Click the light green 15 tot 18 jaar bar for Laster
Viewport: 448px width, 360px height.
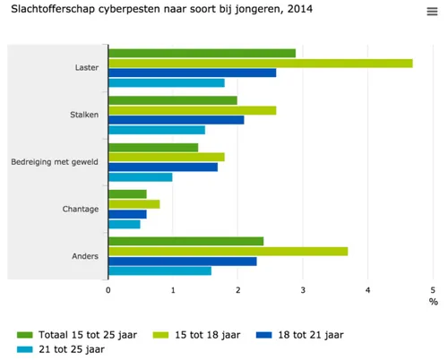point(260,64)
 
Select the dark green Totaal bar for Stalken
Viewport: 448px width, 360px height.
point(172,100)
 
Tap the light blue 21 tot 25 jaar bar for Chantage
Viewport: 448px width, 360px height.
point(124,224)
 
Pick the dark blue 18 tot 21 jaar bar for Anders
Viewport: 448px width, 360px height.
point(182,261)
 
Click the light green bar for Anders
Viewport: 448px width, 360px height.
point(228,252)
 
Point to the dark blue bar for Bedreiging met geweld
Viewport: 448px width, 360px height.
point(162,167)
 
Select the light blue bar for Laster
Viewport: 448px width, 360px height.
point(166,83)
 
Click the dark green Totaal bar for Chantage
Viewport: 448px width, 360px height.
point(127,194)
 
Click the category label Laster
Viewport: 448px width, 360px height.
point(88,68)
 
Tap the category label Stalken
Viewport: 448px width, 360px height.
point(84,115)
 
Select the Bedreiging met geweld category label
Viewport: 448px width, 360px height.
point(55,162)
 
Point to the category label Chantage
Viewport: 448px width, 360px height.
point(82,210)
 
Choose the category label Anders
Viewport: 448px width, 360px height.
point(85,257)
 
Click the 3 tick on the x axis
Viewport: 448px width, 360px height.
point(303,290)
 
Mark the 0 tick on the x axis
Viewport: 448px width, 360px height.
point(108,290)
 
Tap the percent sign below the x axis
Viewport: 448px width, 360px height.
point(433,301)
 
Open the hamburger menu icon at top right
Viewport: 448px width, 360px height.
point(432,12)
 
